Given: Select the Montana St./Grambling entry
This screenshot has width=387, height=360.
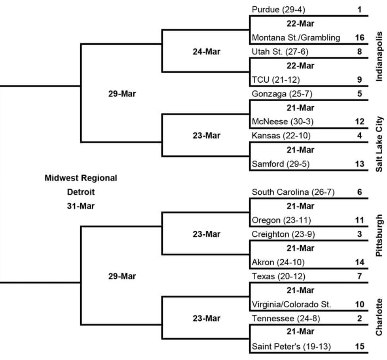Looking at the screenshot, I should tap(296, 37).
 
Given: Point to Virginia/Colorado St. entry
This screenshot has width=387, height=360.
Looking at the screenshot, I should tap(291, 304).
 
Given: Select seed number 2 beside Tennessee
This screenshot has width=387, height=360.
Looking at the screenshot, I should tap(359, 318).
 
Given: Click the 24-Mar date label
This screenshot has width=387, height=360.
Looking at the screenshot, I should tap(206, 52).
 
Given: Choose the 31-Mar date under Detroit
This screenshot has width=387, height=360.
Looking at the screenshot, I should tap(81, 206).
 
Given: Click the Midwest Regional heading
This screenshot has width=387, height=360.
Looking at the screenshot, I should tap(81, 178).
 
